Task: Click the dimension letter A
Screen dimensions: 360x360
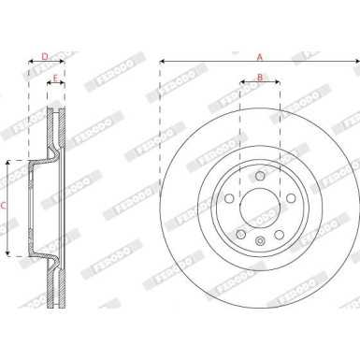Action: [260, 54]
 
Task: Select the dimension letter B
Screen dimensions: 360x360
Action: [260, 76]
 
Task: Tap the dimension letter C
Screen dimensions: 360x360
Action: [5, 206]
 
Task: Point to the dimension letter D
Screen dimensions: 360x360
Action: [45, 56]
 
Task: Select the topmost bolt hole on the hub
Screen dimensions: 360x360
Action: [259, 175]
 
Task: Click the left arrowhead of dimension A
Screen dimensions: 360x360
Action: [163, 63]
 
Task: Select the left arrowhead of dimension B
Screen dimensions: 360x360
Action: [242, 84]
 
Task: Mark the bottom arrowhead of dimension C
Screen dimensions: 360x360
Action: [9, 252]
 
